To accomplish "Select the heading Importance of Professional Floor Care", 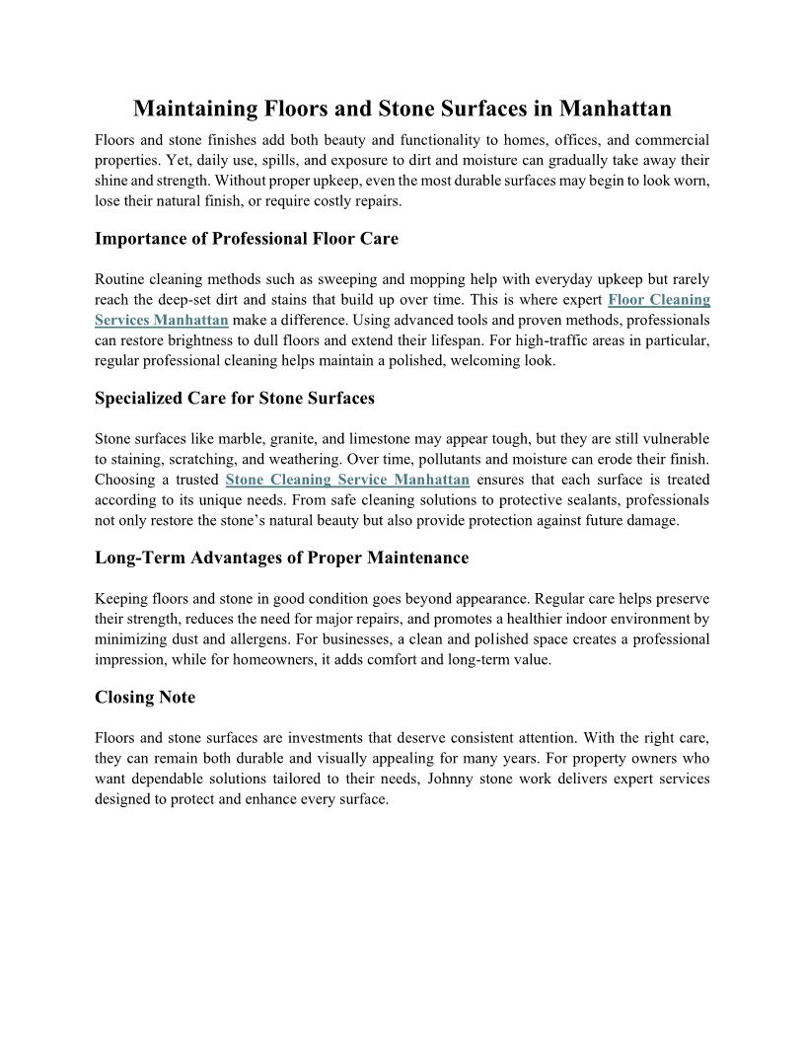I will point(247,239).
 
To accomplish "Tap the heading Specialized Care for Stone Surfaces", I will point(235,399).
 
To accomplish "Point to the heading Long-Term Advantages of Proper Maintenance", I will point(281,558).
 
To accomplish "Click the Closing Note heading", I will point(145,697).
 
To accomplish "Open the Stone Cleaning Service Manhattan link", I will point(347,480).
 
